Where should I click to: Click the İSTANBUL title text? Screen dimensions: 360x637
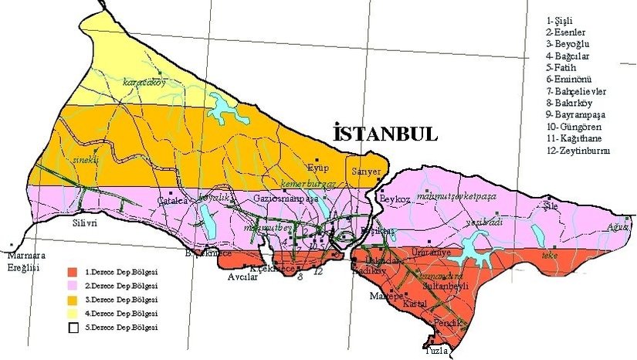[385, 133]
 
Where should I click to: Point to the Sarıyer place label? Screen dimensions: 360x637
[365, 171]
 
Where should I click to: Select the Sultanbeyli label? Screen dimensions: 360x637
[456, 284]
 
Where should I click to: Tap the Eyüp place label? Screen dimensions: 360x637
[317, 168]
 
